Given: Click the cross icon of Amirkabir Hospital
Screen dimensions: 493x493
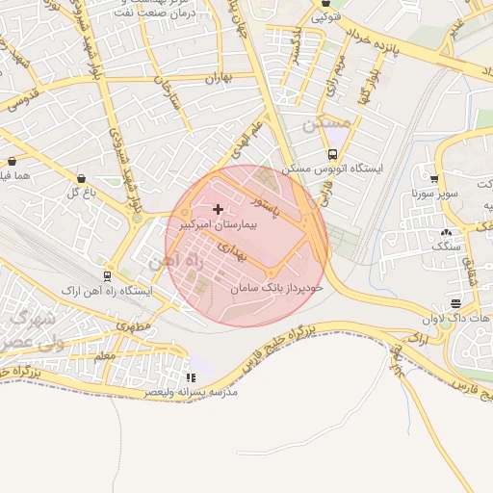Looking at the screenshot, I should tap(218, 209).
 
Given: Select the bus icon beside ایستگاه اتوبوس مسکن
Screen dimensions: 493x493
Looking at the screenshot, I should tap(333, 154).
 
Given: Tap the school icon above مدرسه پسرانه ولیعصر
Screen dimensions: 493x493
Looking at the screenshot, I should tap(191, 378).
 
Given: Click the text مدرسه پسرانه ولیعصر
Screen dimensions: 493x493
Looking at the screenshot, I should tap(190, 393).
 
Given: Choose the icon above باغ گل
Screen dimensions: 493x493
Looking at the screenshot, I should tap(80, 178).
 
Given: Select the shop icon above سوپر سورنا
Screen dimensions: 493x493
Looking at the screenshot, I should tap(434, 178).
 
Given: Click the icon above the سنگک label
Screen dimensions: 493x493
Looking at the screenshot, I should tap(445, 232).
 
